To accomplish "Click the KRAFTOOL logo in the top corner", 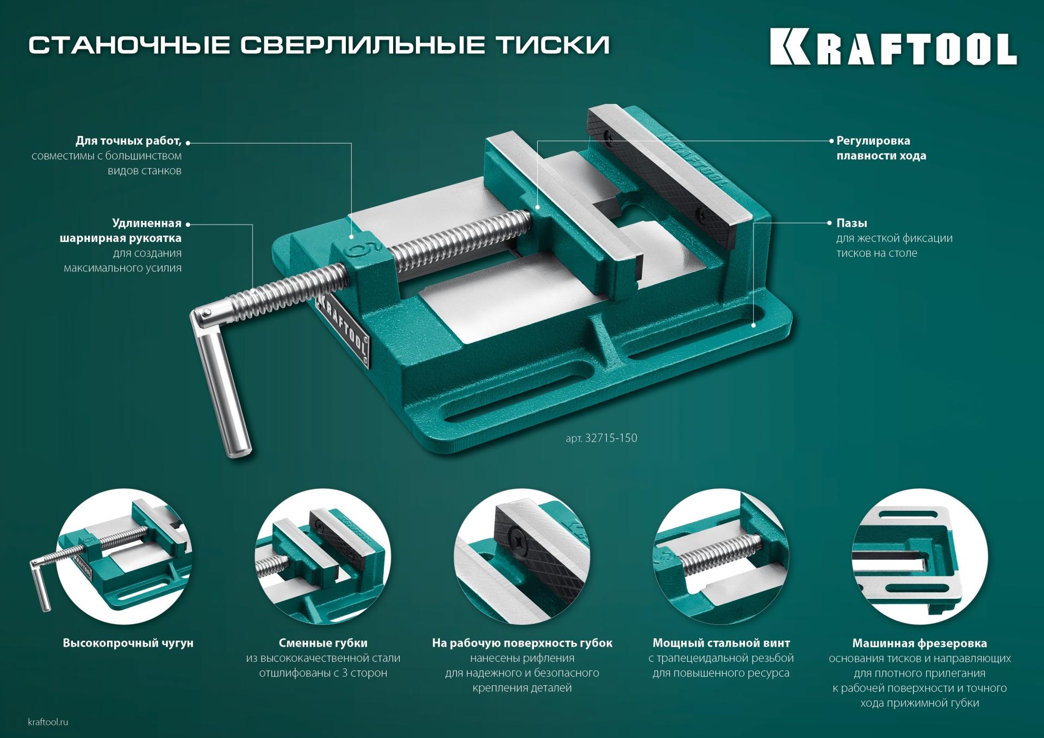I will (x=893, y=49).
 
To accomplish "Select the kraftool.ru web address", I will (x=48, y=722).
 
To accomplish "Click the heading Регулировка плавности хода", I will (x=880, y=148).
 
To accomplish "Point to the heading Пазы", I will (x=852, y=223).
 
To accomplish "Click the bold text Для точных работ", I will (x=128, y=141).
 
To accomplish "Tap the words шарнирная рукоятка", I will (x=120, y=238).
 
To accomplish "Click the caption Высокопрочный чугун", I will (x=128, y=643).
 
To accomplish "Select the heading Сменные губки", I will (x=323, y=643).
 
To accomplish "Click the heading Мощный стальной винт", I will (x=721, y=643).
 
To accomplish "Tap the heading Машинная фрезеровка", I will (x=919, y=643).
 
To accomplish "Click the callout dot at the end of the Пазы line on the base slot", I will (x=754, y=325).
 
